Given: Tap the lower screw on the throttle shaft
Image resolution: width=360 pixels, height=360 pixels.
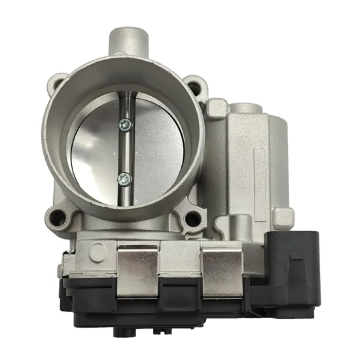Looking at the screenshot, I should point(122,177).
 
